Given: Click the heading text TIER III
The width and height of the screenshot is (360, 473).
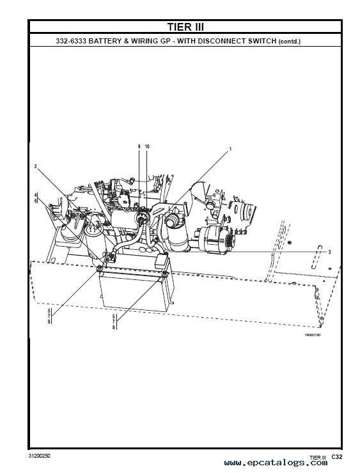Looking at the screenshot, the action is (x=185, y=27).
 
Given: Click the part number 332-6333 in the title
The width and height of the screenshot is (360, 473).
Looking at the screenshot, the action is (x=71, y=41).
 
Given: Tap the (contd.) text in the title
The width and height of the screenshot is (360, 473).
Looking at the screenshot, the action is (x=290, y=42).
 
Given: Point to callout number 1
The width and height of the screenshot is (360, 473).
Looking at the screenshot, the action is (x=231, y=149).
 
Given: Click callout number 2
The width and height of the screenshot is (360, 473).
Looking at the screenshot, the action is (x=35, y=166).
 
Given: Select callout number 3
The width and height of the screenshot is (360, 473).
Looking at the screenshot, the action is (x=329, y=252).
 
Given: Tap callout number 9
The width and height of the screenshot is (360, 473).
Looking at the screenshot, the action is (x=139, y=146).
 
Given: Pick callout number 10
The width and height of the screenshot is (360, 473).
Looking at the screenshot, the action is (x=147, y=146).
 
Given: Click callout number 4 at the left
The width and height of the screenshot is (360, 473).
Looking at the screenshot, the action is (x=35, y=195).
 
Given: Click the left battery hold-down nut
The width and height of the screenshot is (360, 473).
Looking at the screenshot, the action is (x=99, y=268).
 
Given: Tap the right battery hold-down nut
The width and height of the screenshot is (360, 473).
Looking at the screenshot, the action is (x=164, y=274).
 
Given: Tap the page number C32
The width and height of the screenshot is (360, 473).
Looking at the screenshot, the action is (x=337, y=457).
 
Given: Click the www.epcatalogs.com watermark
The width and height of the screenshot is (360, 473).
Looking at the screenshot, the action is (x=276, y=463).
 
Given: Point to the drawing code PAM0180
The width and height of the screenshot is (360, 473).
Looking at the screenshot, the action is (x=313, y=335).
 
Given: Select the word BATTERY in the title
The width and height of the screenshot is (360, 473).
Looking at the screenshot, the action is (x=105, y=41).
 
